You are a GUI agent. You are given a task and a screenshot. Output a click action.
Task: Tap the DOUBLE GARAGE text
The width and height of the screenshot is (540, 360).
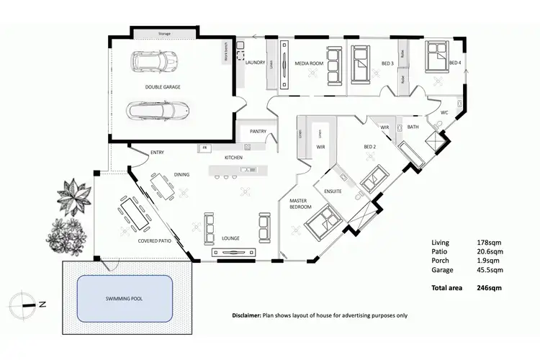[162, 86]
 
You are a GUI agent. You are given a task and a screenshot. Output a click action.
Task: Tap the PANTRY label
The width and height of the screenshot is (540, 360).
[258, 132]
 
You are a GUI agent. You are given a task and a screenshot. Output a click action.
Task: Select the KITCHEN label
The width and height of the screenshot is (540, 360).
[234, 157]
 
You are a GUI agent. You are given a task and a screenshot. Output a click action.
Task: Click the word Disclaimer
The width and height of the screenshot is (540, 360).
[246, 315]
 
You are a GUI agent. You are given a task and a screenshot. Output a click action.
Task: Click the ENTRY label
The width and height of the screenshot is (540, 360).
[158, 153]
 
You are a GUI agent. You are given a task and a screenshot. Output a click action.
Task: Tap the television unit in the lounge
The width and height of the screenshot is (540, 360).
[234, 253]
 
